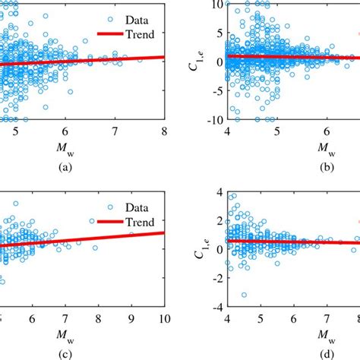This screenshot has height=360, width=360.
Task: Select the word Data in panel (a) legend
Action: pyautogui.click(x=135, y=14)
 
